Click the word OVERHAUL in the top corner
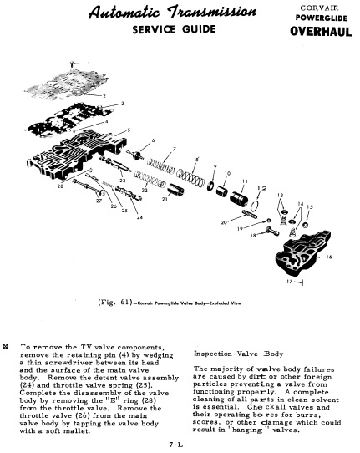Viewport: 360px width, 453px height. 321,31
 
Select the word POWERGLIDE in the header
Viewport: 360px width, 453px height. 321,18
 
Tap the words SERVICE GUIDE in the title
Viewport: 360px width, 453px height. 174,29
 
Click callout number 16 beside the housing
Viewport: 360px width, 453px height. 328,257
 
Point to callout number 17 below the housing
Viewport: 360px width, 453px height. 290,282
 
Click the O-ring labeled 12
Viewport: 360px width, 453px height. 254,206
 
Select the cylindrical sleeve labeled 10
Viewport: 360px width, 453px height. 222,191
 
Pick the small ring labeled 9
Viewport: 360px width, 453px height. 210,186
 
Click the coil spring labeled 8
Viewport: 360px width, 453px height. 190,176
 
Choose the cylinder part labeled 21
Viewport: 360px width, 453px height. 175,190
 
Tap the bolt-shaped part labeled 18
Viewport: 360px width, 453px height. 271,232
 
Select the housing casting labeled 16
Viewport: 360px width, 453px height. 303,251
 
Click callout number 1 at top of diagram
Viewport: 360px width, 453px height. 89,64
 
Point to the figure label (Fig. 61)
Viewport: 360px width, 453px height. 115,303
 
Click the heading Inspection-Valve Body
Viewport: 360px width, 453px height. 238,354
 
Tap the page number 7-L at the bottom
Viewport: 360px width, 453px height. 176,445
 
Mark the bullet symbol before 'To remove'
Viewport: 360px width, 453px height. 5,346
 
